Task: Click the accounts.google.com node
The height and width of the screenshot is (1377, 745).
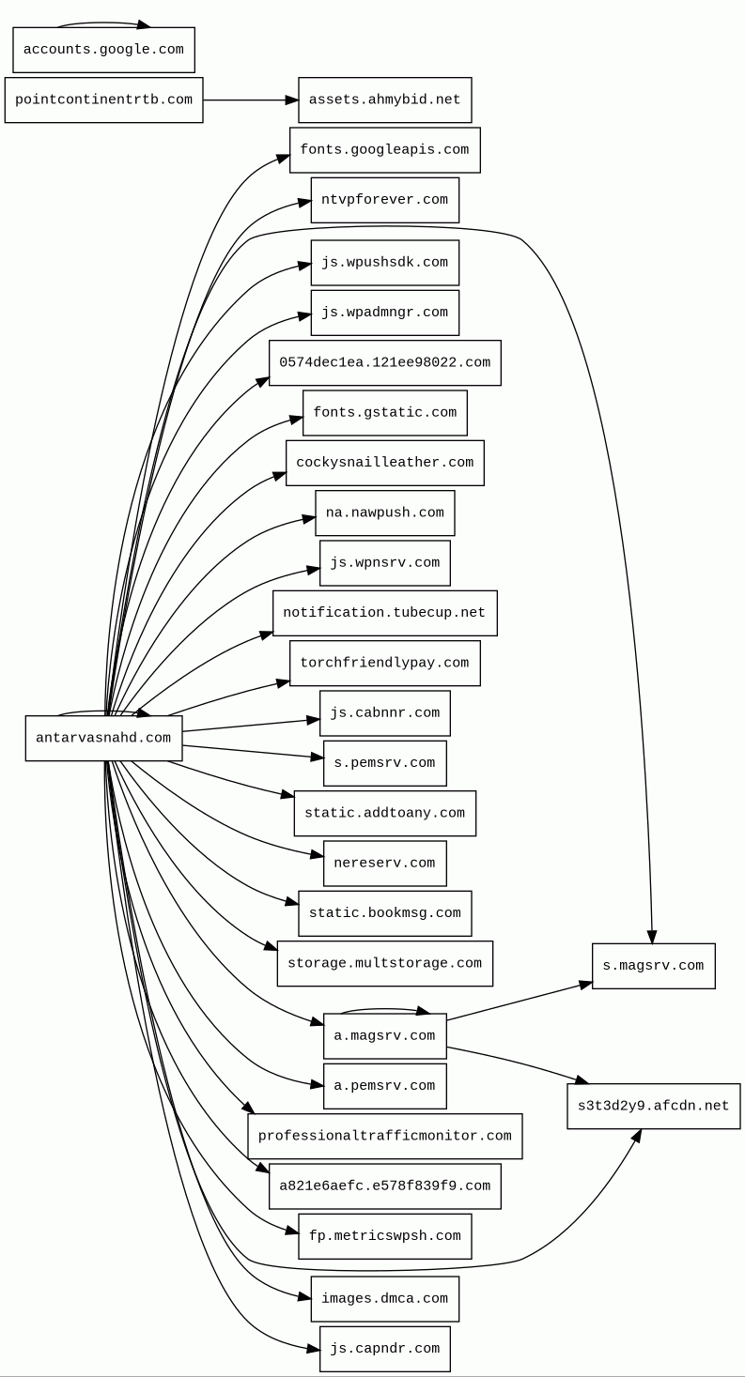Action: (103, 50)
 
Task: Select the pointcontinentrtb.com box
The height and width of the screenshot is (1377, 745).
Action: (103, 99)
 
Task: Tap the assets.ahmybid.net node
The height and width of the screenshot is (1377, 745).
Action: (384, 99)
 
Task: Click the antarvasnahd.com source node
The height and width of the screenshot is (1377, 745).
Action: (103, 738)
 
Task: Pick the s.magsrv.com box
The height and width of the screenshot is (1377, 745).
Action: (653, 966)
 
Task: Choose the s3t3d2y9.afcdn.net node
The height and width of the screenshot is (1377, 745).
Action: (653, 1106)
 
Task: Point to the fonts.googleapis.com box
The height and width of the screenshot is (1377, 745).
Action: (384, 150)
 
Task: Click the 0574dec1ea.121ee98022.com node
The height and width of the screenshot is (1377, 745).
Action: (384, 362)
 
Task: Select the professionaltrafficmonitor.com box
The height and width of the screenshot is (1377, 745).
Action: (384, 1136)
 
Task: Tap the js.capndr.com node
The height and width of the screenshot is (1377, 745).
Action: (384, 1349)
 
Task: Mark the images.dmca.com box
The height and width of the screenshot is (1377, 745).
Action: (384, 1298)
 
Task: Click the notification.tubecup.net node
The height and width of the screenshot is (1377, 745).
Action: (384, 613)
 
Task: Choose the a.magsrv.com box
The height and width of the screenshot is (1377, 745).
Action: (384, 1035)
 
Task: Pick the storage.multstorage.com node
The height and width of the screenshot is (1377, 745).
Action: (384, 964)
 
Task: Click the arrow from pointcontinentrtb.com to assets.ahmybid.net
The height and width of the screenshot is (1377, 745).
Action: (250, 99)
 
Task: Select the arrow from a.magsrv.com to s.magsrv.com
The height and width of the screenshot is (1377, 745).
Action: (519, 1002)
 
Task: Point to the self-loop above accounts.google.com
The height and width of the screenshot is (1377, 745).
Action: (103, 23)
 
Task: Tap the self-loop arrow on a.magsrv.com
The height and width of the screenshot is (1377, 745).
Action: (384, 1009)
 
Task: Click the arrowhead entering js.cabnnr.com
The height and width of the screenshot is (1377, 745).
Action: (314, 721)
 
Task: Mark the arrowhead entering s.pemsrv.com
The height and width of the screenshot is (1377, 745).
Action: (318, 757)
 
